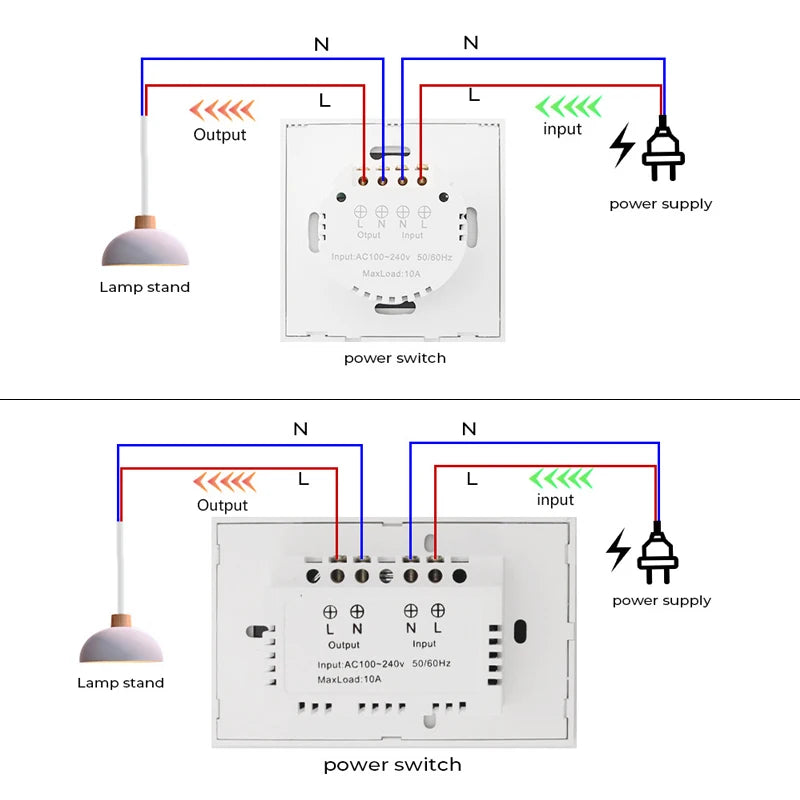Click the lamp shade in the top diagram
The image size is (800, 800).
pyautogui.click(x=145, y=248)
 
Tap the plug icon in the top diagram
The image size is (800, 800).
pyautogui.click(x=661, y=150)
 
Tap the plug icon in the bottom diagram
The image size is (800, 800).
pyautogui.click(x=657, y=553)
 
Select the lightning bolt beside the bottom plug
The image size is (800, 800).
pyautogui.click(x=619, y=550)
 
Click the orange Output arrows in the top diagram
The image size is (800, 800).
pyautogui.click(x=222, y=109)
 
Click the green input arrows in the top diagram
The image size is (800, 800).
pyautogui.click(x=567, y=106)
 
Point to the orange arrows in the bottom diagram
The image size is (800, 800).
pyautogui.click(x=224, y=482)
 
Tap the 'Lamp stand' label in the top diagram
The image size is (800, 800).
pyautogui.click(x=144, y=287)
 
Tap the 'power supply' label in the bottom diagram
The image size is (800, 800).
pyautogui.click(x=661, y=600)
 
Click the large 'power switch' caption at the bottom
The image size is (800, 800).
pyautogui.click(x=392, y=765)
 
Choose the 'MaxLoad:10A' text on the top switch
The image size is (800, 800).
pyautogui.click(x=392, y=273)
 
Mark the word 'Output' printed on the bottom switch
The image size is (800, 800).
pyautogui.click(x=343, y=645)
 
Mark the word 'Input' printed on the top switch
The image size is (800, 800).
pyautogui.click(x=412, y=235)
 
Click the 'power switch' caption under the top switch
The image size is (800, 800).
pyautogui.click(x=395, y=357)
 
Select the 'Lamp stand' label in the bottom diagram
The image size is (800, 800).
pyautogui.click(x=120, y=683)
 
